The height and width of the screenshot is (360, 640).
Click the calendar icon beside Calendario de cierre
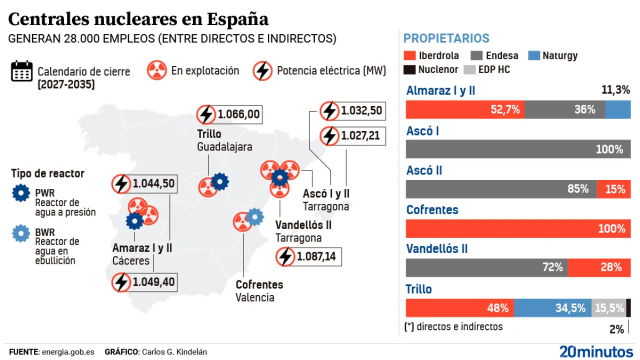click(x=22, y=71)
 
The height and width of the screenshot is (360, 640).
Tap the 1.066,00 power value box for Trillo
click(x=229, y=114)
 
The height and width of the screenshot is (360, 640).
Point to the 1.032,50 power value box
click(x=353, y=110)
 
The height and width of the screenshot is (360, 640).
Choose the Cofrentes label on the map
click(x=259, y=284)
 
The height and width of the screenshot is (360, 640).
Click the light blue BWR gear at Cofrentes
click(x=255, y=216)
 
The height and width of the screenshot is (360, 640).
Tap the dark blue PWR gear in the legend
click(x=21, y=193)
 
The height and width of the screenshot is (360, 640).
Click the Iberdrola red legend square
click(x=409, y=55)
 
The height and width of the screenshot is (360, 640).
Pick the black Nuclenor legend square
click(x=409, y=69)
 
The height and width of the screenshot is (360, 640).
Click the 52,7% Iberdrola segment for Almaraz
click(x=465, y=109)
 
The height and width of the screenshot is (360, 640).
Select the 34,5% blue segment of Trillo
click(x=552, y=308)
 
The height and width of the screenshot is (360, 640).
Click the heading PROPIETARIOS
click(x=446, y=38)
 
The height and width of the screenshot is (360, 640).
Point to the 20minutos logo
click(x=596, y=351)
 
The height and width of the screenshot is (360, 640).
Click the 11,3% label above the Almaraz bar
click(x=615, y=90)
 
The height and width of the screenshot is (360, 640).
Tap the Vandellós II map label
click(x=303, y=225)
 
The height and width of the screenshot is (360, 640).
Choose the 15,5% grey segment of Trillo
click(x=608, y=308)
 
